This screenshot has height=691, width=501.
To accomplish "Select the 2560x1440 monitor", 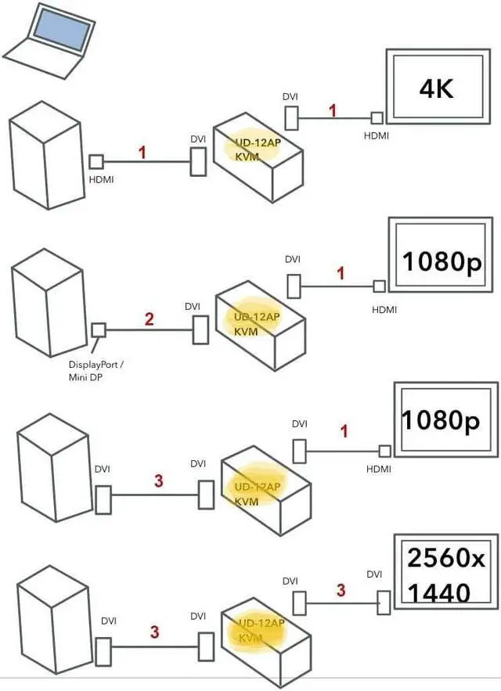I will [445, 572].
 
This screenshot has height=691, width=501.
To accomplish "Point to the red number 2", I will [149, 319].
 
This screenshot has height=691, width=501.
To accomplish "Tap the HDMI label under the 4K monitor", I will [377, 135].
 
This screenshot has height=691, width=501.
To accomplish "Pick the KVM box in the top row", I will [258, 157].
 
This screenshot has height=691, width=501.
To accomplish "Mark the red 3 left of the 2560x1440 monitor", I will [341, 590].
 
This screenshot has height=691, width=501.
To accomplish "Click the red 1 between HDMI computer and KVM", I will [142, 152].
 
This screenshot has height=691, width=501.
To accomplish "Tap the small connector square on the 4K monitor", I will [377, 117].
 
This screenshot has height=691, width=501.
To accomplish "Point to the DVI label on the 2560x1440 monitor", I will [375, 575].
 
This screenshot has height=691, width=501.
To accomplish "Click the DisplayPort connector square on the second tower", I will [99, 330].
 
